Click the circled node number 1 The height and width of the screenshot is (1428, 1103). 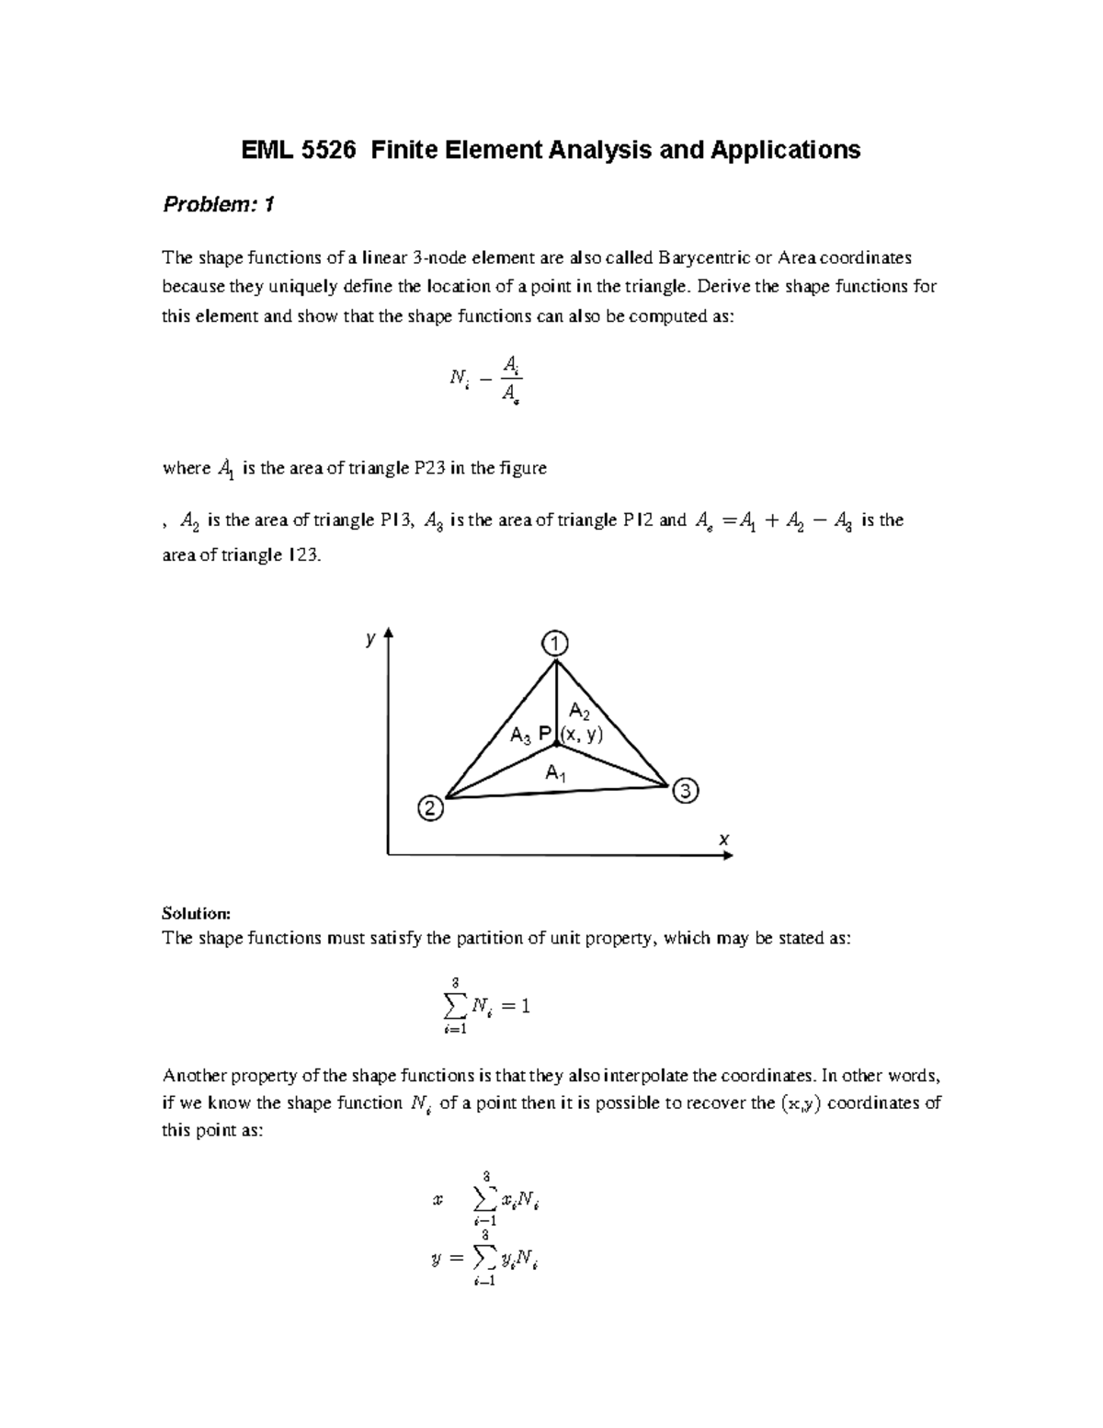[x=555, y=642]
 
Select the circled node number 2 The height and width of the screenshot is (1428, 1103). [x=429, y=809]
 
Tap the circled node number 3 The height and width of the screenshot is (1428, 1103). [x=686, y=791]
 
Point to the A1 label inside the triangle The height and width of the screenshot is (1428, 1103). [x=555, y=773]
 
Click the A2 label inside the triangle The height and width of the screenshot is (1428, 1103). [x=580, y=711]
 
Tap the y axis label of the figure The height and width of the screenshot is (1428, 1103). [x=370, y=638]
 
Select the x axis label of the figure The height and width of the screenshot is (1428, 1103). [x=723, y=839]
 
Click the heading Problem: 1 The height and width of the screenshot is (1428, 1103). [x=218, y=205]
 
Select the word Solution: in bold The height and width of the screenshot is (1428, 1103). [x=195, y=913]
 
